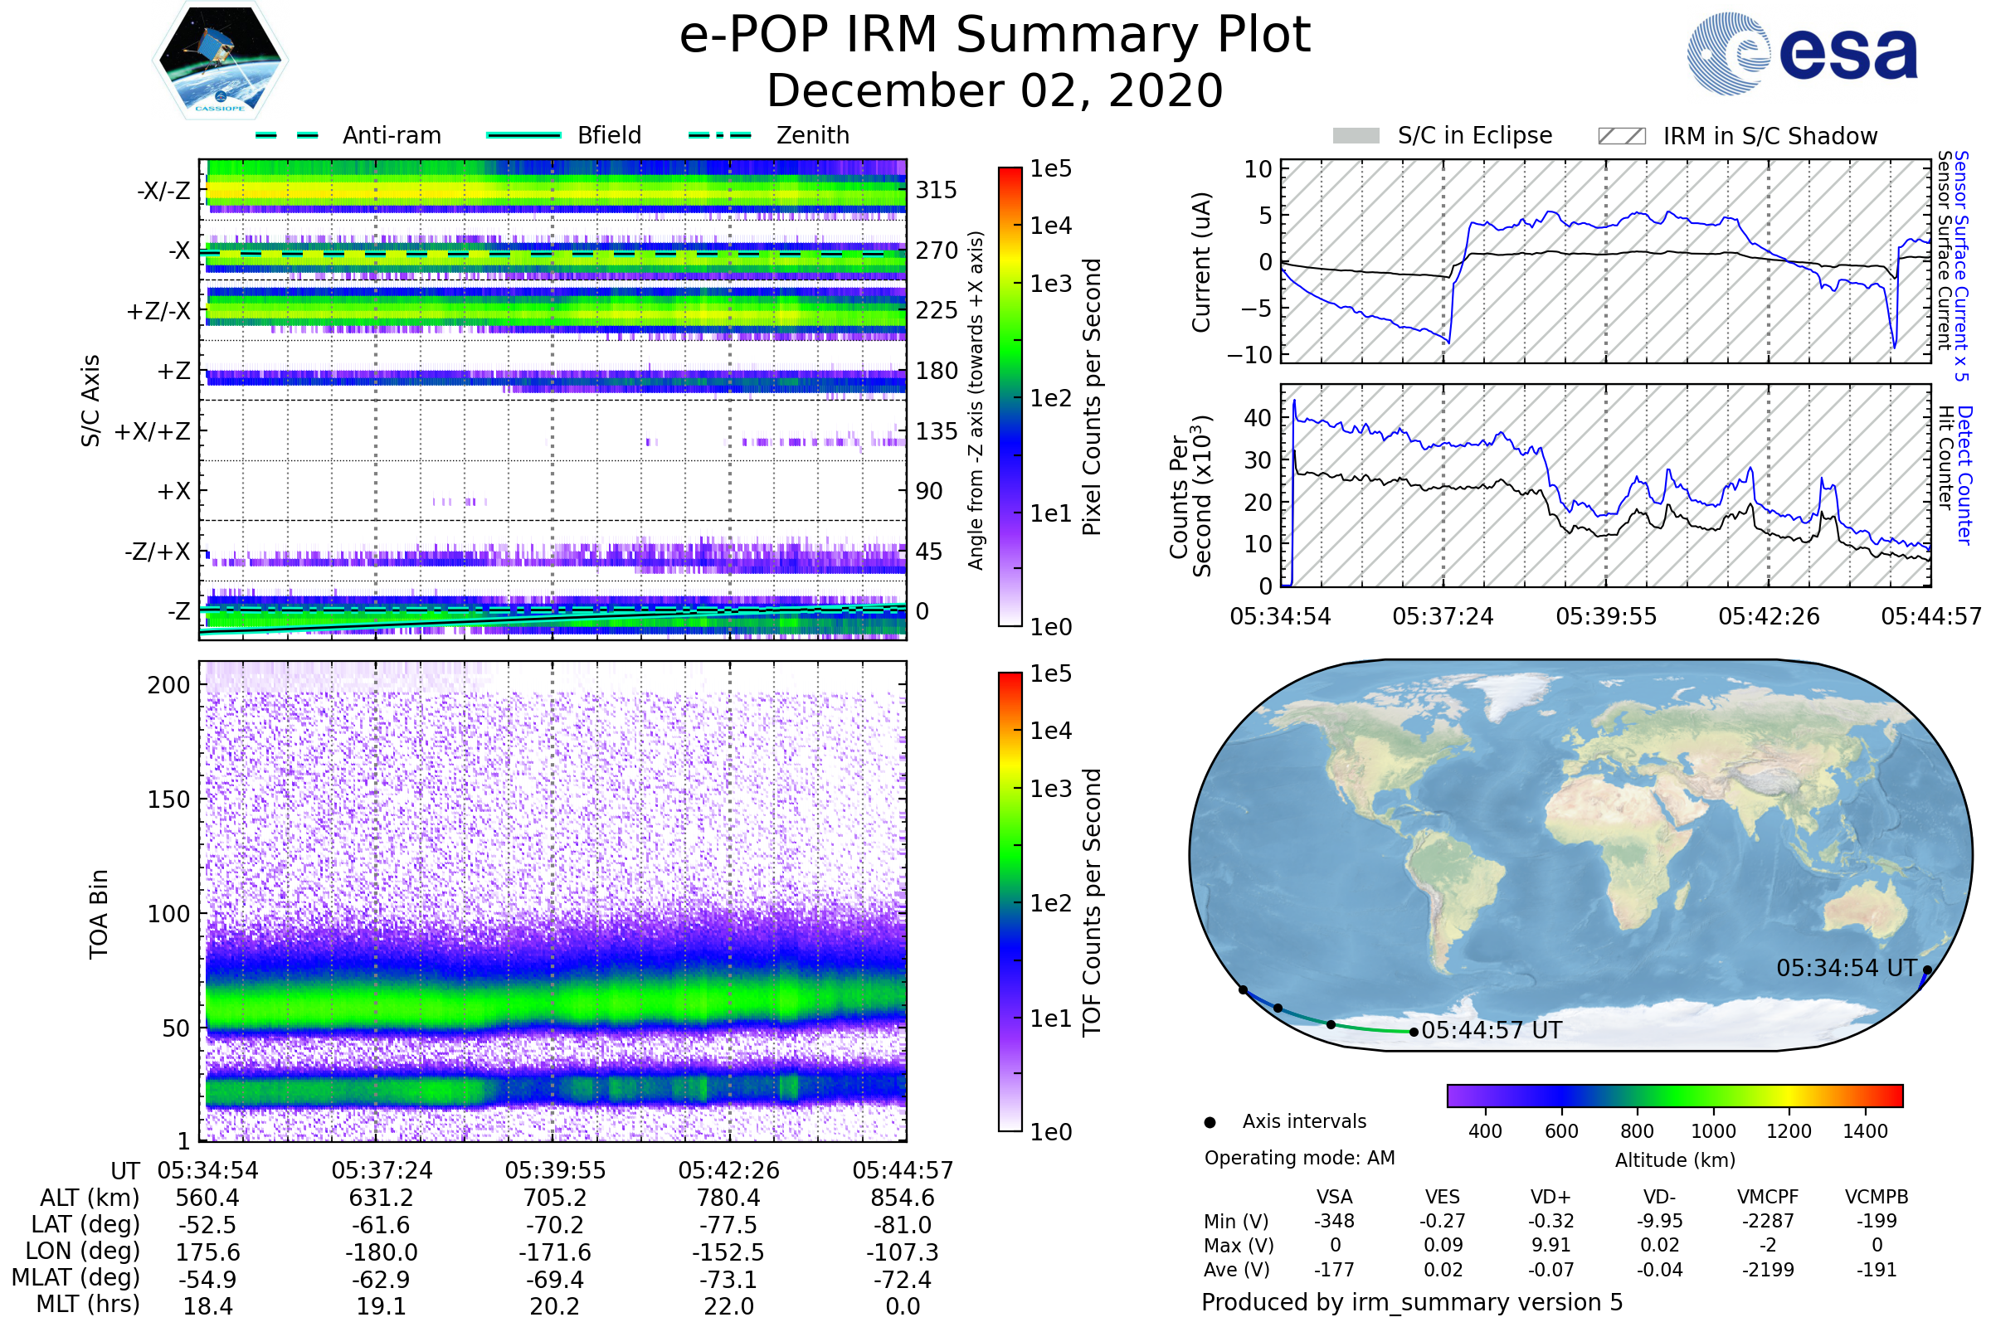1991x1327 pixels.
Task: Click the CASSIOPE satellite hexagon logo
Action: (220, 59)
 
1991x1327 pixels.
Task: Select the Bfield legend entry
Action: (564, 135)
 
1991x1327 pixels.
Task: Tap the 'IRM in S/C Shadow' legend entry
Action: (1737, 136)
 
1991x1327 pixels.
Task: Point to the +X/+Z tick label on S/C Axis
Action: (153, 431)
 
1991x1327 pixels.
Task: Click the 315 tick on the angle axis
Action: (937, 190)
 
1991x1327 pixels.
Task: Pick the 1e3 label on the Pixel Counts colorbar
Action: (1050, 284)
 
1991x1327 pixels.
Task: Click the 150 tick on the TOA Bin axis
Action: (168, 800)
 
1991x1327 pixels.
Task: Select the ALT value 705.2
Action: (554, 1198)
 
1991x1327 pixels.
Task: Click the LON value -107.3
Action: (903, 1252)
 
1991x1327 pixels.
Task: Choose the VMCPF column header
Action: (1768, 1197)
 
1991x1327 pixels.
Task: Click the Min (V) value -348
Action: (1334, 1221)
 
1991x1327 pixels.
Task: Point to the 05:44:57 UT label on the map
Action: (1492, 1031)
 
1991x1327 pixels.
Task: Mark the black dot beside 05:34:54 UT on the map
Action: (1927, 970)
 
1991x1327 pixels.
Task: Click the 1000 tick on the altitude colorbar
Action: (1713, 1131)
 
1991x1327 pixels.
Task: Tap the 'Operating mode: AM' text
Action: (1299, 1158)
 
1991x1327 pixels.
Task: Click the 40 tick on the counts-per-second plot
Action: (1258, 417)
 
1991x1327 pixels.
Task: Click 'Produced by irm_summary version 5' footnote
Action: (1412, 1302)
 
